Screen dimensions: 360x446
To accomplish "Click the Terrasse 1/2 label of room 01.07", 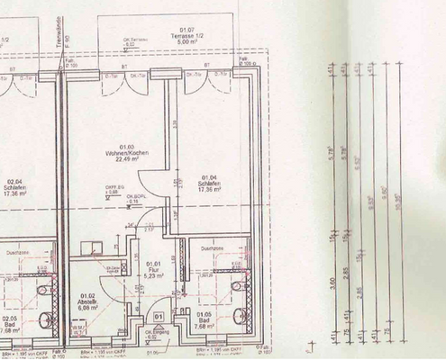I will (189, 34).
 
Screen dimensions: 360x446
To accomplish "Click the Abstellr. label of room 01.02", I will (87, 301).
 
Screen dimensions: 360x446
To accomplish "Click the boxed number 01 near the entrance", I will (158, 316).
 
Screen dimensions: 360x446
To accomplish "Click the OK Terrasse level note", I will (136, 40).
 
